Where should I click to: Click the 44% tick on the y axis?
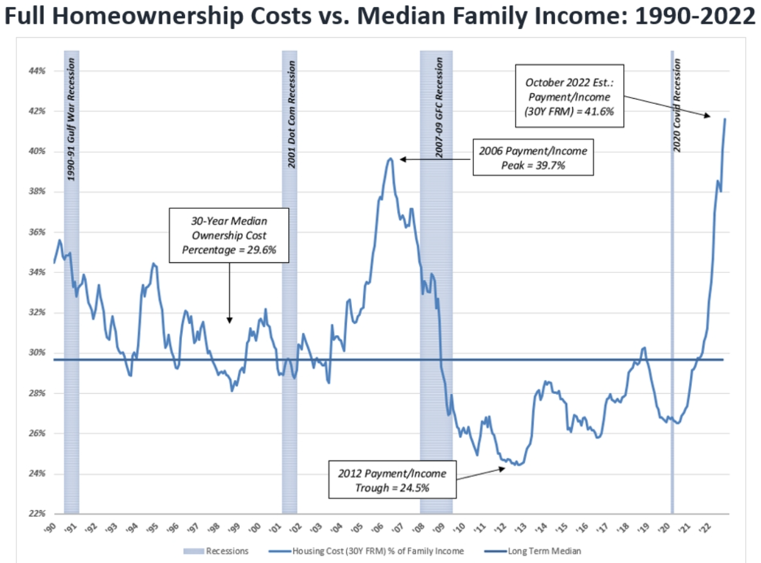pos(37,71)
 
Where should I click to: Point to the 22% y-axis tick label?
pos(37,514)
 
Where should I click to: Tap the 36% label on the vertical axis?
pos(37,232)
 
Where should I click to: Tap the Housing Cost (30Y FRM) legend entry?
pos(367,551)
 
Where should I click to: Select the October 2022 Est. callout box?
pos(569,95)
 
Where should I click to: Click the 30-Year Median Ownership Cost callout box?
pos(229,235)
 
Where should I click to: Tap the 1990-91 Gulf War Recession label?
pos(71,120)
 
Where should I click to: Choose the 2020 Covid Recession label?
pos(677,105)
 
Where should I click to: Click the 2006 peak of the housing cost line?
pos(390,159)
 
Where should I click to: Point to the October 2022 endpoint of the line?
pos(725,119)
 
